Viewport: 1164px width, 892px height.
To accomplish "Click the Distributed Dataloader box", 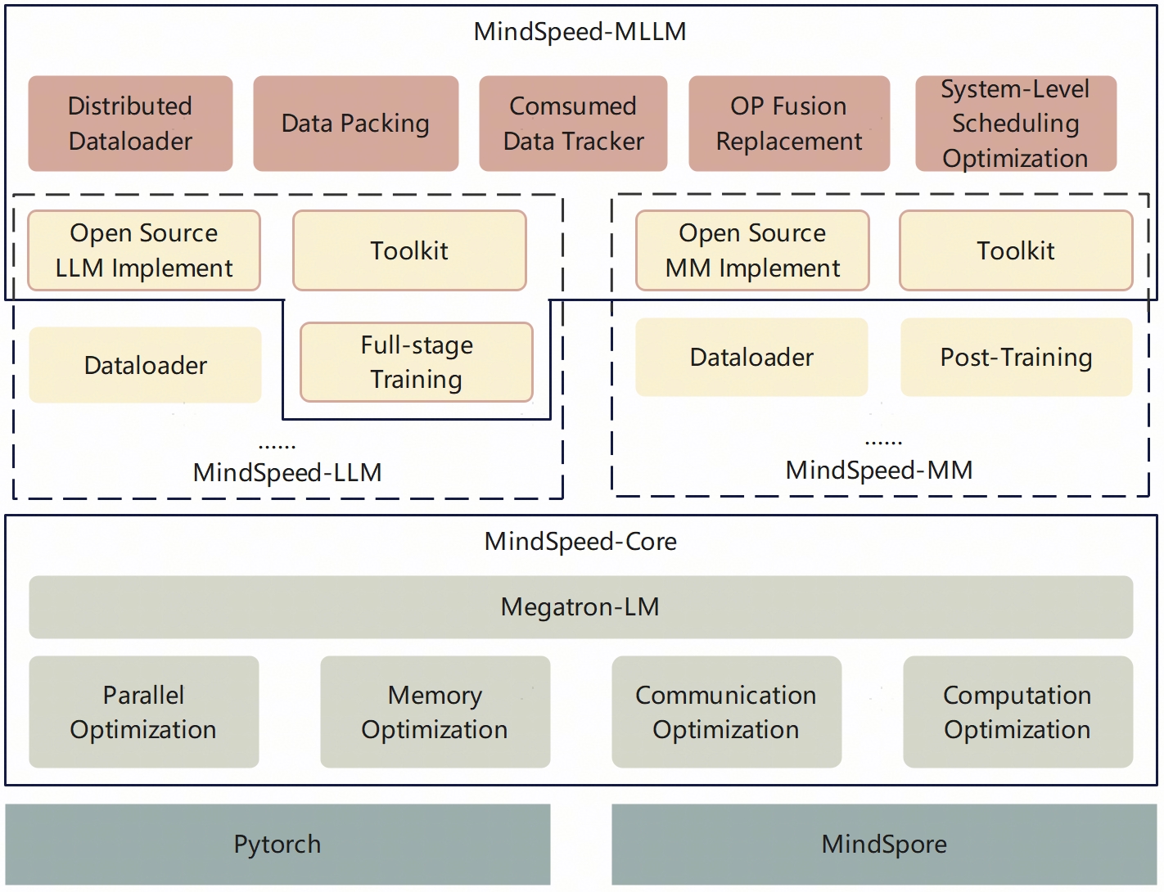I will (130, 124).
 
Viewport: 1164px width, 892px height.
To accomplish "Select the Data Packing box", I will (355, 124).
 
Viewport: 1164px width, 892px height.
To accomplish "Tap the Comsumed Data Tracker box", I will (573, 124).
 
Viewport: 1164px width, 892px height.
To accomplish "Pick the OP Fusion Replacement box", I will (789, 124).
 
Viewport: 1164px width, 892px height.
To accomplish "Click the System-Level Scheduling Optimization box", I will (1015, 124).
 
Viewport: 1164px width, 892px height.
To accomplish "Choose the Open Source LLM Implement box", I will (144, 250).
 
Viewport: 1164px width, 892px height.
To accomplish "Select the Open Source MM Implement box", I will (752, 250).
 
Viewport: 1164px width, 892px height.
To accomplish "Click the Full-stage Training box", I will (417, 362).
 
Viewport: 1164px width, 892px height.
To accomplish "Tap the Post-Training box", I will (1016, 358).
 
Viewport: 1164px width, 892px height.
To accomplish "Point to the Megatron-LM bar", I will (580, 607).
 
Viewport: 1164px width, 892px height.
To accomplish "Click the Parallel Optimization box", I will (144, 712).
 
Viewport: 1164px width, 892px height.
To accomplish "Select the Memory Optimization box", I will (435, 712).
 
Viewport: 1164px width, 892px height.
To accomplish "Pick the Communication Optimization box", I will (726, 712).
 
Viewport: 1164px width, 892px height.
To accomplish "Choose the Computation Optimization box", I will (1017, 712).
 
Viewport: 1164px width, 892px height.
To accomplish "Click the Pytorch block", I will (277, 844).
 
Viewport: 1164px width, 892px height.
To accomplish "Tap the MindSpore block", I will (884, 844).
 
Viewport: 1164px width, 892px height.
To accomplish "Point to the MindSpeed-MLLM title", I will (580, 32).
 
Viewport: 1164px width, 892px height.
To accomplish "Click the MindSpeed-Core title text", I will (580, 542).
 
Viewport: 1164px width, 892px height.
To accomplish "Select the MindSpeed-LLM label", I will (287, 473).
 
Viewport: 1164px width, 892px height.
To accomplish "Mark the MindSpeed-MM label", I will (879, 471).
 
